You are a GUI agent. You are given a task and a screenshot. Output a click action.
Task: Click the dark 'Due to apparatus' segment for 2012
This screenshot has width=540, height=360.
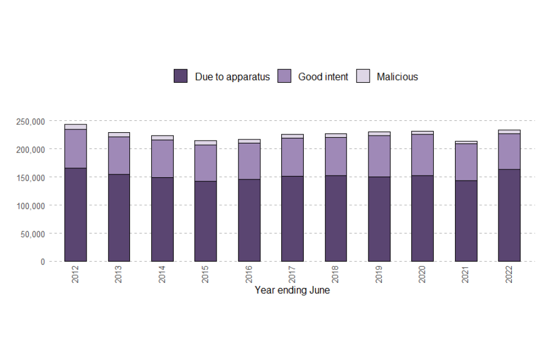click(x=75, y=214)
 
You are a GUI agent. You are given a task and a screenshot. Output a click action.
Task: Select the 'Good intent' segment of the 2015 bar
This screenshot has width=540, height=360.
click(x=205, y=163)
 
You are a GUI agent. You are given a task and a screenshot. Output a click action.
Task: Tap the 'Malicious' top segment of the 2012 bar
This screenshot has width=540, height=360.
click(x=75, y=127)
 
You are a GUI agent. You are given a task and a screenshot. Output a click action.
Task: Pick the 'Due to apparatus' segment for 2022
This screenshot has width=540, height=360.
click(x=509, y=215)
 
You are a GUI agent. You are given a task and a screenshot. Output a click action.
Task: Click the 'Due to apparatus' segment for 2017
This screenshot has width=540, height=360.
click(x=292, y=218)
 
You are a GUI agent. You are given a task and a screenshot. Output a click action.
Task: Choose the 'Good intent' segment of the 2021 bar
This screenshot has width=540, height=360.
click(x=466, y=162)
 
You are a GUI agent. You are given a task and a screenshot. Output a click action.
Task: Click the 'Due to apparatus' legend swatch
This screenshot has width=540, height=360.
click(x=181, y=76)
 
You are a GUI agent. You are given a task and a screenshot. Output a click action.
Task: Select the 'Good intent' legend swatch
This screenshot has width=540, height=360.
click(x=284, y=76)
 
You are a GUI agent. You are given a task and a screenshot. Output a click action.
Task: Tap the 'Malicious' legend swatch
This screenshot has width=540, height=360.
click(x=363, y=76)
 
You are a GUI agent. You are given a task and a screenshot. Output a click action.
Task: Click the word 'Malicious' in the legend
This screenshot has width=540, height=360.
click(x=397, y=77)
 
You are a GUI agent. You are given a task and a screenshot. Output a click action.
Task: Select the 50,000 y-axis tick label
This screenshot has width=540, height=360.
click(x=32, y=234)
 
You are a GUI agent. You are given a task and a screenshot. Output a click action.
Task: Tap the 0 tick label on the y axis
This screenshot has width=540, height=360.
click(x=42, y=262)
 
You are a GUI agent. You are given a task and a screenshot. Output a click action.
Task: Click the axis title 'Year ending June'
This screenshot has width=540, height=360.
click(x=292, y=291)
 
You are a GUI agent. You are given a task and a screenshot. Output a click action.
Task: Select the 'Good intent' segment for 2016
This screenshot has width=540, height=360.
click(x=249, y=161)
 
